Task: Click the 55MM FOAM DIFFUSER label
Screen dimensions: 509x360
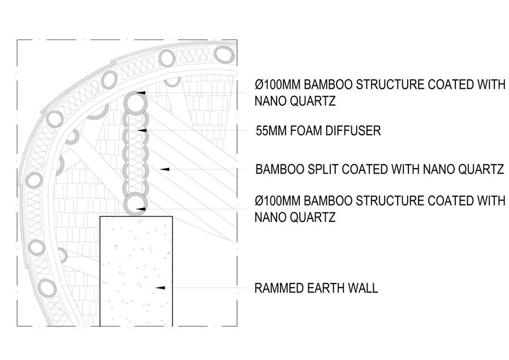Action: [x=318, y=131]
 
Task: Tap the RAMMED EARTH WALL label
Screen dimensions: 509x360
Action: [x=316, y=288]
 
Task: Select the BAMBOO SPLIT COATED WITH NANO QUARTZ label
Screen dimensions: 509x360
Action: [x=379, y=169]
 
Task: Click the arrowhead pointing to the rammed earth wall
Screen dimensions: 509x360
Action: [x=161, y=288]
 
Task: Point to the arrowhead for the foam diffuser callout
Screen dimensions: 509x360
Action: [x=142, y=130]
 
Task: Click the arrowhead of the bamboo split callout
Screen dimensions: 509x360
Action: [x=165, y=169]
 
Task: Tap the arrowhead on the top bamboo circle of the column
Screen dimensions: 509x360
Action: [x=141, y=93]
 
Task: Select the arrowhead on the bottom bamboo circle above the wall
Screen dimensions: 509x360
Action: [x=141, y=209]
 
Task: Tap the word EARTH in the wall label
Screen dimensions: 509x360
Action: [x=325, y=288]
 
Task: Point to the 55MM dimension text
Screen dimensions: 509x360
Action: [x=271, y=131]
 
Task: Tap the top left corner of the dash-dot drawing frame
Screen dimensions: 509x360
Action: [x=17, y=40]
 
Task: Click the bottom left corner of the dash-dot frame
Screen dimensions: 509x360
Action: [x=17, y=326]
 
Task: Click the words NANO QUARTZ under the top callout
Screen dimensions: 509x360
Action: [x=295, y=101]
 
